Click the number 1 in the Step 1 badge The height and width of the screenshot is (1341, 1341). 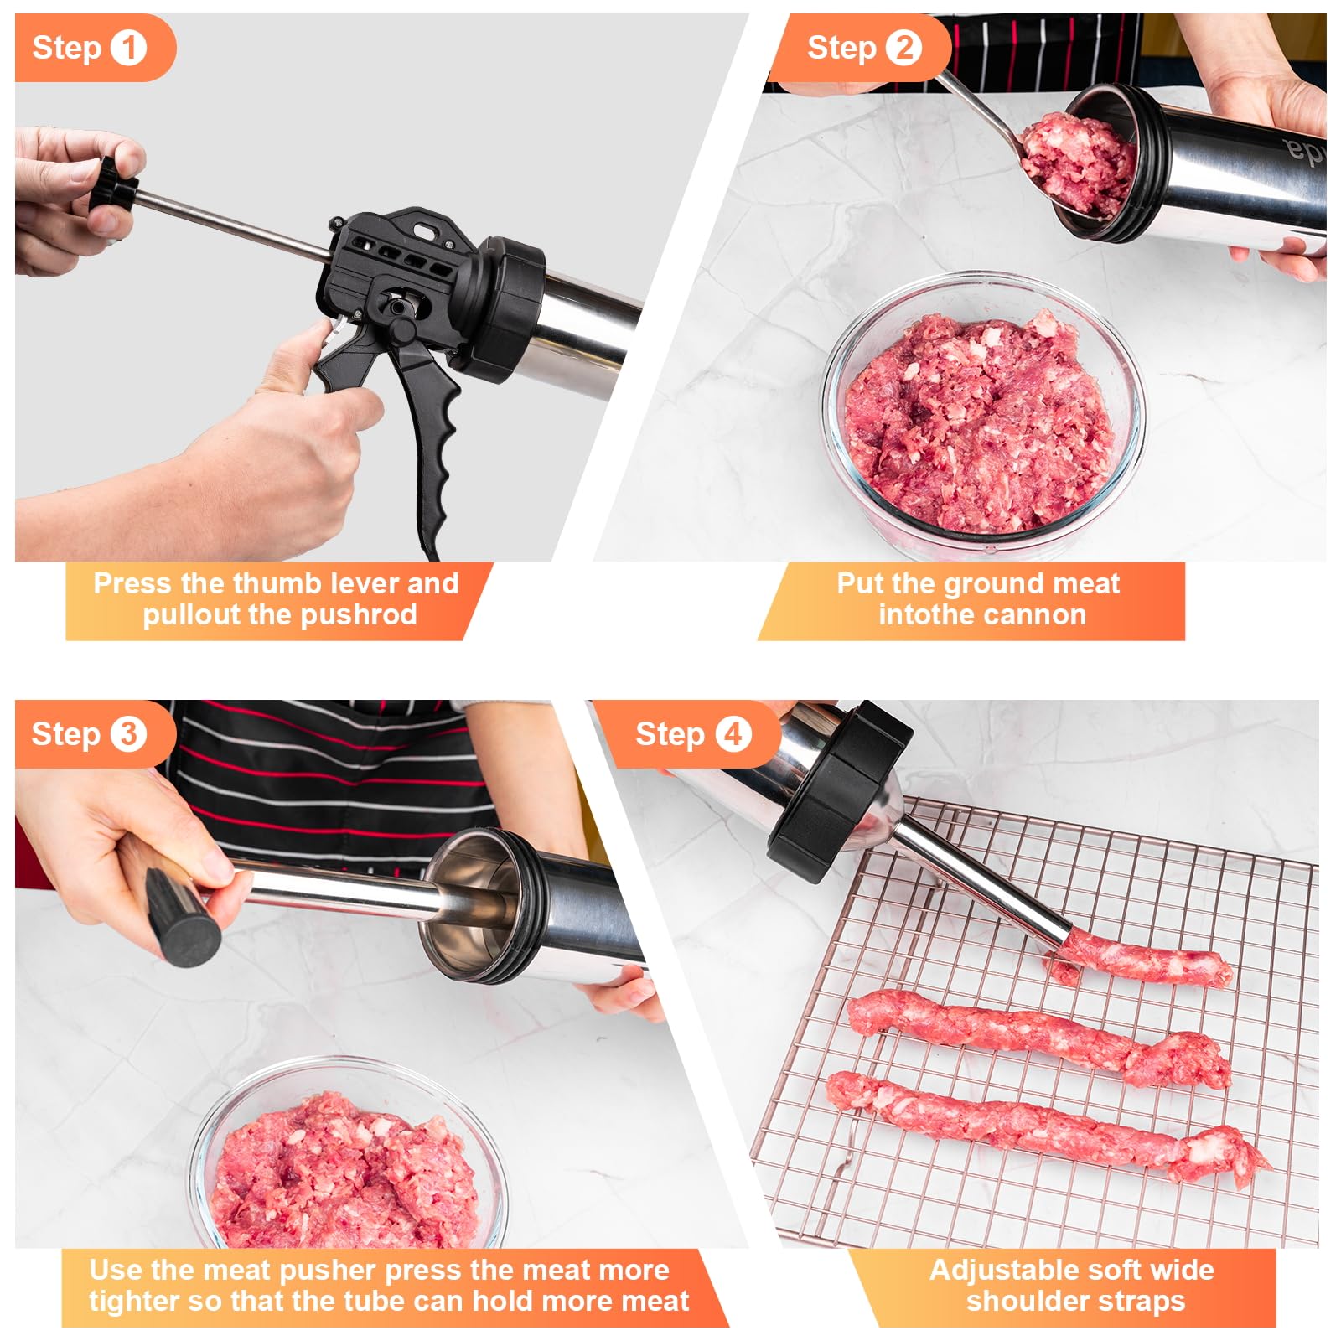coord(128,48)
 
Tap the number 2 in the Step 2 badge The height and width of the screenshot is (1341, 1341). coord(903,48)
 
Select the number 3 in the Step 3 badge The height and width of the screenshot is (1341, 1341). coord(128,734)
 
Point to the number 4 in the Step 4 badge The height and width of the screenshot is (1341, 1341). coord(733,734)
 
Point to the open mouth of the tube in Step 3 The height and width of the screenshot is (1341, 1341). coord(469,905)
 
